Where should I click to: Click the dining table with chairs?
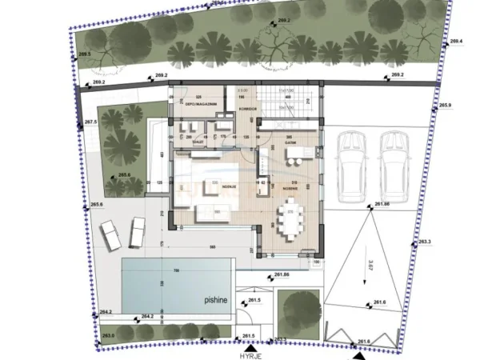pyautogui.click(x=292, y=217)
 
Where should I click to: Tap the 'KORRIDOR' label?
pyautogui.click(x=248, y=106)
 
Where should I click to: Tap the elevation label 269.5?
pyautogui.click(x=82, y=54)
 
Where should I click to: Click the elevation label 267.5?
pyautogui.click(x=90, y=122)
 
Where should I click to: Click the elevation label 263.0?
pyautogui.click(x=108, y=334)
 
